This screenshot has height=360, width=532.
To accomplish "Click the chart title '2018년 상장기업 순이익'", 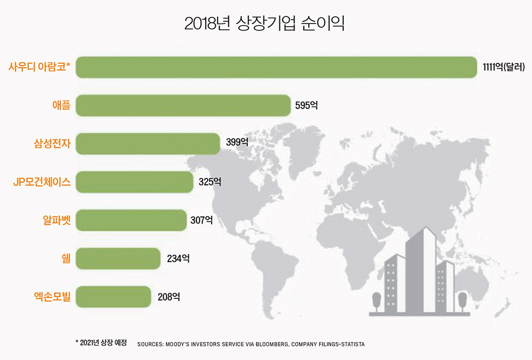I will [x=265, y=25].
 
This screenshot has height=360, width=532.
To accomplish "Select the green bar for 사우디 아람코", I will [x=276, y=67].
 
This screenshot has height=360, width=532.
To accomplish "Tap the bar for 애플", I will [x=183, y=105].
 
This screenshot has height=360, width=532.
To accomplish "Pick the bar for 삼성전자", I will [x=148, y=143].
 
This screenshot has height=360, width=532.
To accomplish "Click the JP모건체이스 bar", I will [x=134, y=182].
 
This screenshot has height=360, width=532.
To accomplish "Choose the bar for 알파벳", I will [x=131, y=220].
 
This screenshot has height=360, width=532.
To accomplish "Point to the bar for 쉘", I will [x=118, y=258].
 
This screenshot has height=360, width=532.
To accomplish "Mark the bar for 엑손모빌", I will [x=113, y=296].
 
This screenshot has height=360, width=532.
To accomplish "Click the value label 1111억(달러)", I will [x=504, y=67].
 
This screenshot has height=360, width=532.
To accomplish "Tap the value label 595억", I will [x=306, y=105].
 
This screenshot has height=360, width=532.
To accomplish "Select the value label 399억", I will [x=237, y=143].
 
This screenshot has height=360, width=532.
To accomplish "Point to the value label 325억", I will [x=210, y=182].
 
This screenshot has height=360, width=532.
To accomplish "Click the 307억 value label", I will [x=201, y=220].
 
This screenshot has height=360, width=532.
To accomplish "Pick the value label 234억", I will [x=178, y=258].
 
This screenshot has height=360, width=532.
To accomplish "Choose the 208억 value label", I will [x=169, y=297].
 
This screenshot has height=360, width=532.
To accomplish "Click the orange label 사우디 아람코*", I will [x=39, y=67].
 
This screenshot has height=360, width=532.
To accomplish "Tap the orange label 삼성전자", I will [x=52, y=144].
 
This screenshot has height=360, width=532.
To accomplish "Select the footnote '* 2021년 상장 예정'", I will [x=101, y=343].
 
